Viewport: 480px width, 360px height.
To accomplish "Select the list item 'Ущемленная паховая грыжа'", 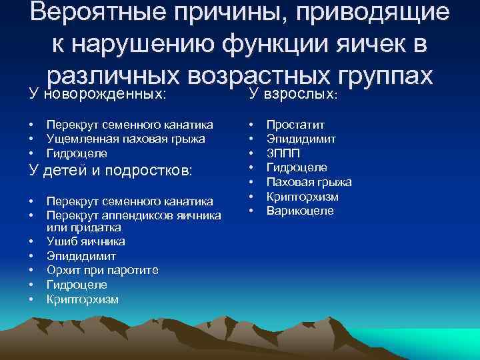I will coord(116,139).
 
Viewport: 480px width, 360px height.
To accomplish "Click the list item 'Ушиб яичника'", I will coord(85,241).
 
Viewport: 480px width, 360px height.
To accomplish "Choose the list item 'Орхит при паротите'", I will coord(102,270).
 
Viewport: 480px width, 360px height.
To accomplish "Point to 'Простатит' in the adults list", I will coord(296,125).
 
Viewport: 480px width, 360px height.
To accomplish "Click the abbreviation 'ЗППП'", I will coord(283,153).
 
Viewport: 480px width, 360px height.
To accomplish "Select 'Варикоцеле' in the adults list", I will coord(300,211).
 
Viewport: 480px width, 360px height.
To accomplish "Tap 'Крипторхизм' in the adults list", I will coord(303,197).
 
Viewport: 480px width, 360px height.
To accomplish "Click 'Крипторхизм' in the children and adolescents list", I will coord(83,299).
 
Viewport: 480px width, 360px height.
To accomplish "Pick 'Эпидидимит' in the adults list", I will coord(301,139).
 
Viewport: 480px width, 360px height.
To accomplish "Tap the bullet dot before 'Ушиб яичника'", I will coord(31,241).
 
